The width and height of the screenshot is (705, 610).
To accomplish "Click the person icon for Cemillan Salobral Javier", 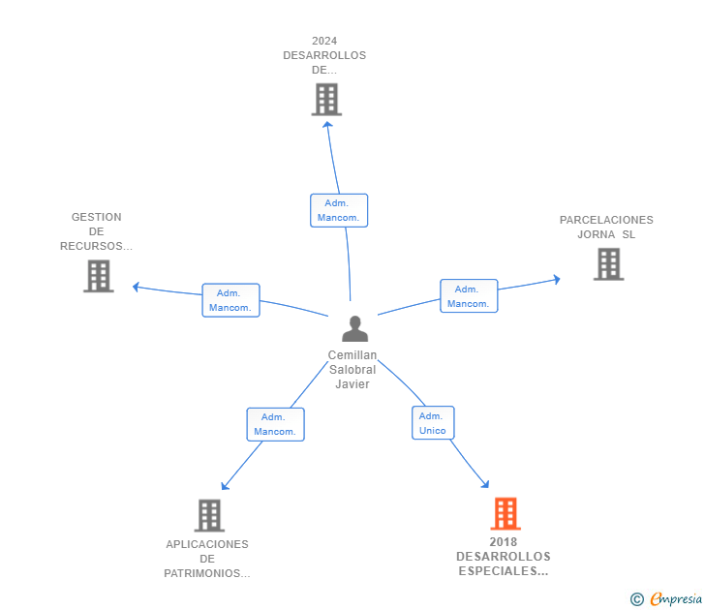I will [355, 329].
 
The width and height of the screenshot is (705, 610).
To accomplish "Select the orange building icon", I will [505, 513].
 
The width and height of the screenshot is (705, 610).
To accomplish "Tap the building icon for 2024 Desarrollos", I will [326, 99].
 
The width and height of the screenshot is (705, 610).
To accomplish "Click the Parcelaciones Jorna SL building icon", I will [608, 263].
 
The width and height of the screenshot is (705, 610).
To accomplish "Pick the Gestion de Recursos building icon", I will [98, 276].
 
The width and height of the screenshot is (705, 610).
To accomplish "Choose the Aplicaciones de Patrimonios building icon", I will [209, 515].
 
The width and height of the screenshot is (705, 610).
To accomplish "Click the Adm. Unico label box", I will [433, 423].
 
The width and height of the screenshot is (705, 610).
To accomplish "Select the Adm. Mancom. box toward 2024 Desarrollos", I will [339, 210].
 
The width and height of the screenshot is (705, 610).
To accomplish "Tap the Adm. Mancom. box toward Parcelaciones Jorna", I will [469, 296].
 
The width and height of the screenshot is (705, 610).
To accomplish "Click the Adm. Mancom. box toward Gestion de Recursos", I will [230, 300].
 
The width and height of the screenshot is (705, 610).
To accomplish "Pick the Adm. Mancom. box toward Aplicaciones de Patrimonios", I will [275, 424].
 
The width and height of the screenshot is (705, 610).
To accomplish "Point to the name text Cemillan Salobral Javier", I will [352, 370].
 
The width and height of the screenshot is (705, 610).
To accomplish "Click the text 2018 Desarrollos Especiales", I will [504, 557].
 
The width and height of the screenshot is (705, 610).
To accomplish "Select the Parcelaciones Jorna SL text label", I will [606, 227].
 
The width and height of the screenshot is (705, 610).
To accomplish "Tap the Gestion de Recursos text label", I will [96, 231].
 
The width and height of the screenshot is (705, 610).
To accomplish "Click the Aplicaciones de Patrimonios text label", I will [207, 559].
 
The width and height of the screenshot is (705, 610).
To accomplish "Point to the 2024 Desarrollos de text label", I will [324, 55].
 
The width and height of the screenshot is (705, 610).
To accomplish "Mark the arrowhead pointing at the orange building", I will [486, 486].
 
